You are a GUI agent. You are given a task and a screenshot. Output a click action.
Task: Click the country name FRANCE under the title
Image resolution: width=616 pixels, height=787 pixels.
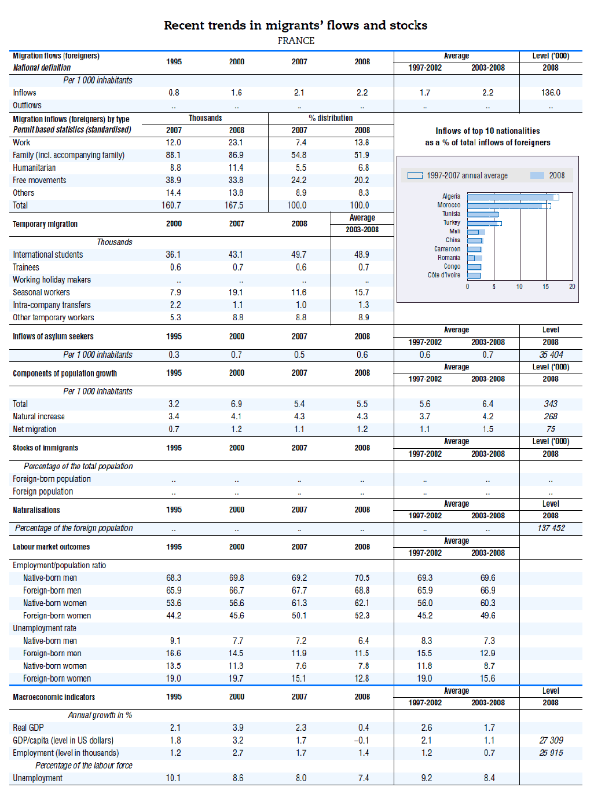click(x=296, y=41)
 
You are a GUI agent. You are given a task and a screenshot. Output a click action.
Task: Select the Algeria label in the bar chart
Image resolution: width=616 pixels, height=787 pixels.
click(x=451, y=196)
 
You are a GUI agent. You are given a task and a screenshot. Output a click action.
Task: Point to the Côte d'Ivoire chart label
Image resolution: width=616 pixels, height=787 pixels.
click(x=444, y=275)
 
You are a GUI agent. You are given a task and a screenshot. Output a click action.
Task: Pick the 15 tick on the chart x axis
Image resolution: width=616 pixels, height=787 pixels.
click(x=545, y=287)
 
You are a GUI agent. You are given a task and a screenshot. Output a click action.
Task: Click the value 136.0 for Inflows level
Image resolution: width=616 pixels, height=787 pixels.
click(x=551, y=93)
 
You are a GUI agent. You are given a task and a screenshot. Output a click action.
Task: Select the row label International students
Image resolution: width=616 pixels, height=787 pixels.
click(x=48, y=255)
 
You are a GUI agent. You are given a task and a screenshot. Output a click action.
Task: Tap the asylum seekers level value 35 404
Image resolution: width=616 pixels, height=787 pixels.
click(x=551, y=355)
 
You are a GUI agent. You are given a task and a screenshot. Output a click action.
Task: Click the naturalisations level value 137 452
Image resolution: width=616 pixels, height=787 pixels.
click(x=551, y=528)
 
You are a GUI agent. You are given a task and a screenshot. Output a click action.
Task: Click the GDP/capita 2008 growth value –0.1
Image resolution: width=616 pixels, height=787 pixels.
click(x=362, y=740)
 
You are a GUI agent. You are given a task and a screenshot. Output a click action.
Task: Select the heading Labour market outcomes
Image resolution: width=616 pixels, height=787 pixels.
click(x=52, y=547)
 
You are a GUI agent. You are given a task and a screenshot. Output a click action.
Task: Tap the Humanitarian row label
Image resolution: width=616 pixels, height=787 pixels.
click(x=34, y=168)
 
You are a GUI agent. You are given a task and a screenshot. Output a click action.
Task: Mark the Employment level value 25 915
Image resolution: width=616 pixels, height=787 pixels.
click(x=551, y=753)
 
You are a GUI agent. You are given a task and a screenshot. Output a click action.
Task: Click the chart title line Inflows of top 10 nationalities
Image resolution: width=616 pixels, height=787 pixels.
click(x=487, y=131)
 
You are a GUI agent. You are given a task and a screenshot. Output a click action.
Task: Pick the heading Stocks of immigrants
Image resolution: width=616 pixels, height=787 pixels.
click(x=45, y=448)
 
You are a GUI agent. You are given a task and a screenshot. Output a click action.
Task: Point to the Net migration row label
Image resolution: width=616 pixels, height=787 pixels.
click(x=35, y=429)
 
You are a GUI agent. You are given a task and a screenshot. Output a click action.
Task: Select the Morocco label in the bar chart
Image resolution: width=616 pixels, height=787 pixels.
click(x=449, y=205)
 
